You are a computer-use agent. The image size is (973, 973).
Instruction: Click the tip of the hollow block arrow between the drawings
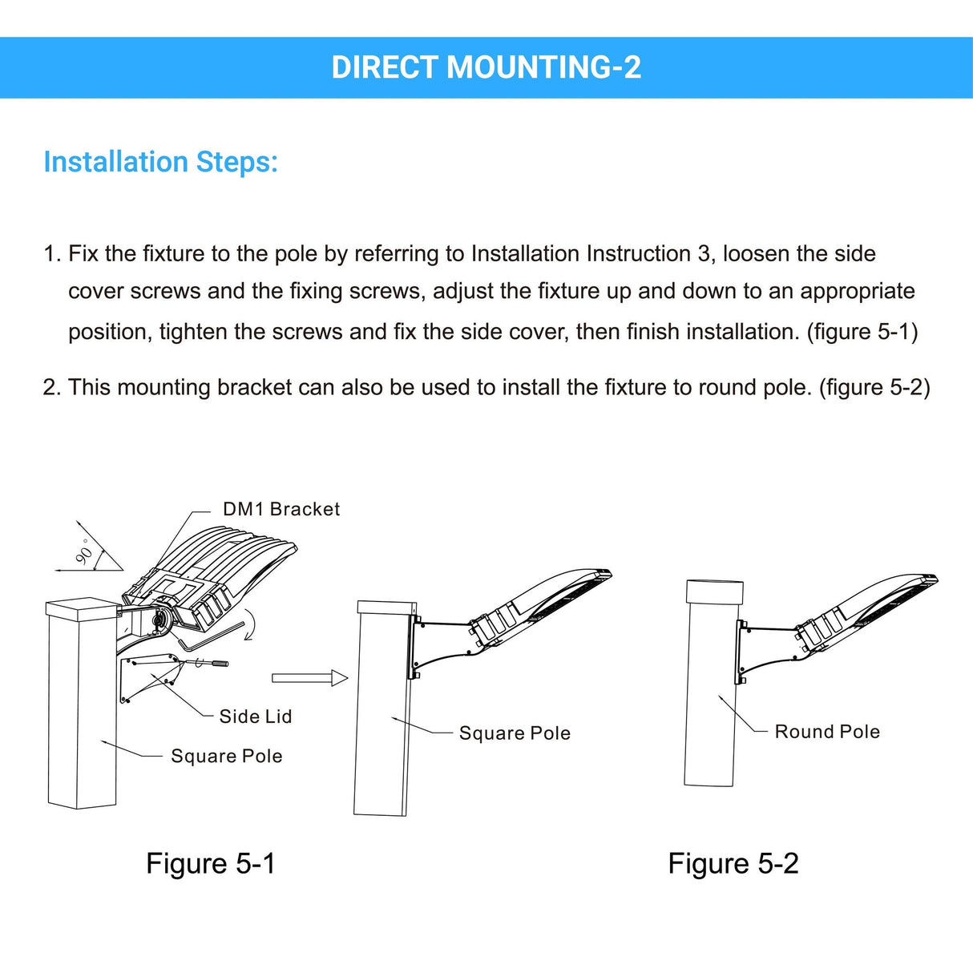[x=348, y=677]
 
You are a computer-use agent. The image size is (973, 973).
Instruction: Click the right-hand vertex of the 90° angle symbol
[x=123, y=570]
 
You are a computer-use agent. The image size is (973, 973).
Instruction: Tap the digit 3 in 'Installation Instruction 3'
[x=704, y=254]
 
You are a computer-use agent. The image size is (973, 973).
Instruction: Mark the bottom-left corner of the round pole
[x=684, y=785]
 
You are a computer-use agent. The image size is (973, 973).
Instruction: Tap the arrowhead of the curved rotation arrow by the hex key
[x=246, y=639]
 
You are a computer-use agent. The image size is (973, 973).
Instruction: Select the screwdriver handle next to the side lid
[x=216, y=663]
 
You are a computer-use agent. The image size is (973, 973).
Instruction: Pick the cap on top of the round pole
[x=715, y=591]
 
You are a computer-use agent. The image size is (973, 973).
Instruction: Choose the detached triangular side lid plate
[x=148, y=677]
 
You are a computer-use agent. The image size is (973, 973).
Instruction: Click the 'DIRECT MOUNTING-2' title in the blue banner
[x=486, y=67]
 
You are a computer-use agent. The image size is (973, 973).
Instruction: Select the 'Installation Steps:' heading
[x=160, y=162]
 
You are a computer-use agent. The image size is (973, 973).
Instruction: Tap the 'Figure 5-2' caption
[x=733, y=863]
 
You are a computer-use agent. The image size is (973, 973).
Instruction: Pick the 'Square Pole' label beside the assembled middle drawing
[x=515, y=733]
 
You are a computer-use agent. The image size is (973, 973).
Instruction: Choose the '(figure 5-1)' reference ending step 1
[x=862, y=332]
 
